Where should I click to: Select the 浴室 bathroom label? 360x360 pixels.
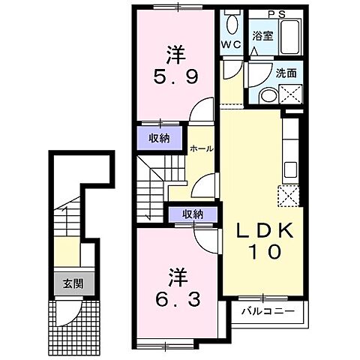pos(262,34)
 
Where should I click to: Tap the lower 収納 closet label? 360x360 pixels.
pos(192,214)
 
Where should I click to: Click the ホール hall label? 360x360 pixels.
pos(201,148)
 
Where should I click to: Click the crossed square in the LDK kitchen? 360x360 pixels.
pos(288,196)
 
